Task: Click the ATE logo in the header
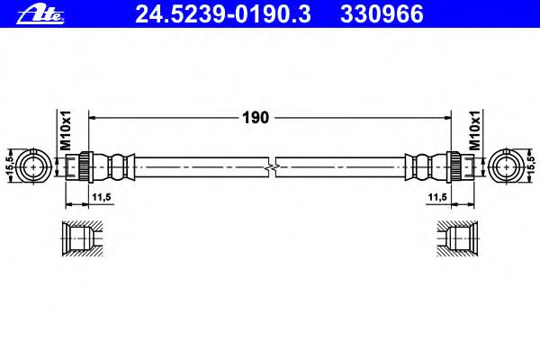(x=40, y=14)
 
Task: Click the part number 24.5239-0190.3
(x=223, y=14)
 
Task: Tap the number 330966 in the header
(x=382, y=14)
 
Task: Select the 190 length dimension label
(x=256, y=118)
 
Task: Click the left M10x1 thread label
(x=66, y=130)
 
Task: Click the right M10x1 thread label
(x=475, y=130)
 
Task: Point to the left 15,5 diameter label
(x=9, y=166)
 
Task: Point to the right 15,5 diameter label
(x=531, y=166)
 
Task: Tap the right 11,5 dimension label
(x=437, y=197)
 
